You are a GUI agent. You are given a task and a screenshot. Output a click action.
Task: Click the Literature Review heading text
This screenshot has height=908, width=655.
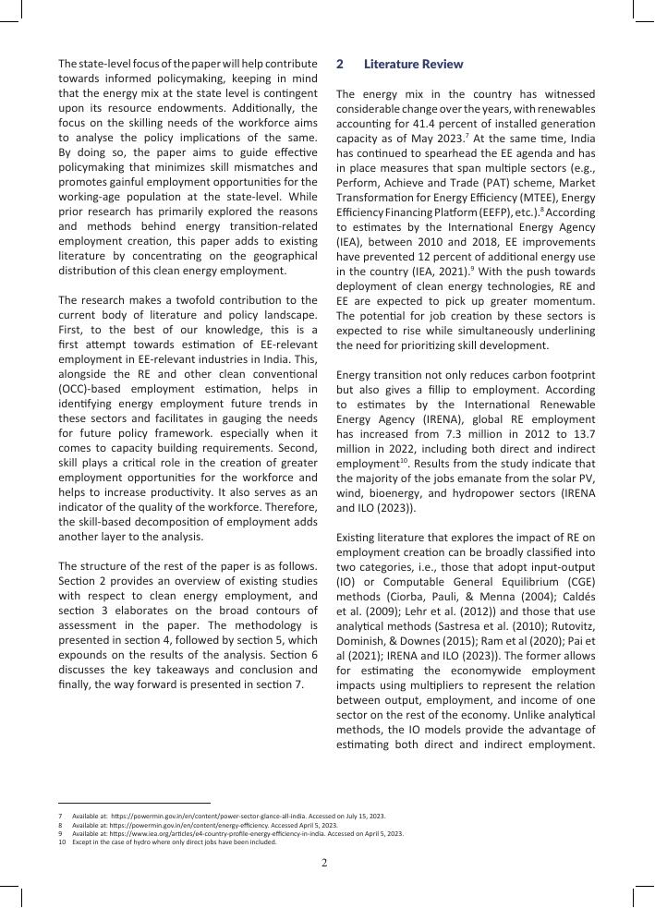click(413, 65)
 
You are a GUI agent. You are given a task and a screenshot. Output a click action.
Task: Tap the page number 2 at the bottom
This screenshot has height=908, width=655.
click(324, 864)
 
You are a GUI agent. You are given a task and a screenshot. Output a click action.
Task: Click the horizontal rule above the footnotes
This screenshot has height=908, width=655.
click(134, 803)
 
